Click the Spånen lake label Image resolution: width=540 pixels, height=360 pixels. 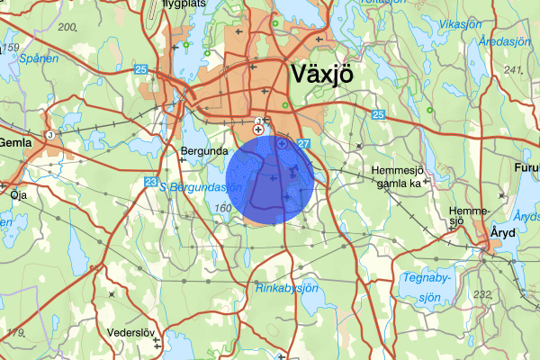pyautogui.click(x=40, y=58)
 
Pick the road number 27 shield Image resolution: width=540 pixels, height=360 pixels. pyautogui.click(x=303, y=144)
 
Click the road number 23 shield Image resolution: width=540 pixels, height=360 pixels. pyautogui.click(x=150, y=183)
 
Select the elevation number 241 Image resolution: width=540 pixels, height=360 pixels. pyautogui.click(x=513, y=69)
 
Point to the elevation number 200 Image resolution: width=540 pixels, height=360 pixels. pyautogui.click(x=67, y=26)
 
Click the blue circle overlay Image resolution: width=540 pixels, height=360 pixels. pyautogui.click(x=268, y=177)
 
